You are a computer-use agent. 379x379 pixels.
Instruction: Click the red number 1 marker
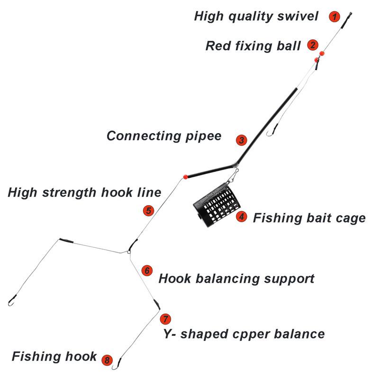point(335,17)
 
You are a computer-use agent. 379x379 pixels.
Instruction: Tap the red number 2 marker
point(312,45)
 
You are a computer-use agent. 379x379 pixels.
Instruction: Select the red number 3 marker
point(242,140)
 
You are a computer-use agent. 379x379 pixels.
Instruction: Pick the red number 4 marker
point(242,217)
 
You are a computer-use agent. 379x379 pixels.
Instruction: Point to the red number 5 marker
point(148,210)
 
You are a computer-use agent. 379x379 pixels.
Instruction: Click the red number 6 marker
point(147,271)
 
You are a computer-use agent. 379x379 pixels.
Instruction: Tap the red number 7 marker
point(164,318)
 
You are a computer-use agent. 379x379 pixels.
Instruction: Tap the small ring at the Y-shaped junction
point(129,252)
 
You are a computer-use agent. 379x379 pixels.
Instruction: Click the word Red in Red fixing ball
point(217,46)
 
